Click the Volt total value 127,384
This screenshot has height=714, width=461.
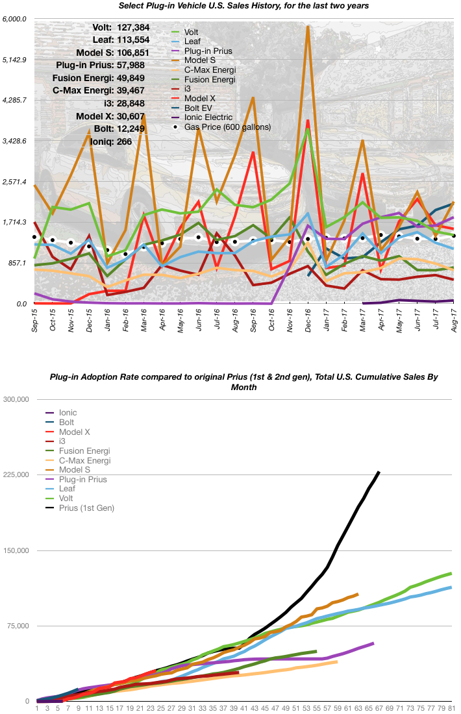[x=132, y=28]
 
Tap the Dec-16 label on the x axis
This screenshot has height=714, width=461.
[x=308, y=321]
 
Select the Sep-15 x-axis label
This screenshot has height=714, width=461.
[x=34, y=321]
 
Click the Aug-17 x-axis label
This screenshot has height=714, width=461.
[x=453, y=321]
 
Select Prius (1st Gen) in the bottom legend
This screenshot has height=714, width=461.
[x=86, y=508]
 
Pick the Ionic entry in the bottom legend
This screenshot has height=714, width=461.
[x=68, y=412]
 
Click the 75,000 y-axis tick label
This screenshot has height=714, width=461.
[x=16, y=626]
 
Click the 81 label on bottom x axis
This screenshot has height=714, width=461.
[x=451, y=708]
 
